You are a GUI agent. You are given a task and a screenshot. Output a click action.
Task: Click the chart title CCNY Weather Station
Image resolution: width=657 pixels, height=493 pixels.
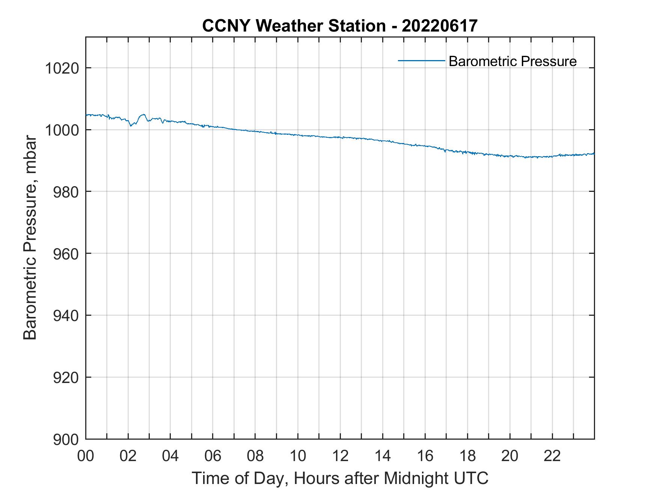pos(294,26)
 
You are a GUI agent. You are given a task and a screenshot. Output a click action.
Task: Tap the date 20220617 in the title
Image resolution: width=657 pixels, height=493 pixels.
pos(440,26)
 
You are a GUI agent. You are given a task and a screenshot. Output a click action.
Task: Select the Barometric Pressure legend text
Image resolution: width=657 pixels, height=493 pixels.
pos(512,61)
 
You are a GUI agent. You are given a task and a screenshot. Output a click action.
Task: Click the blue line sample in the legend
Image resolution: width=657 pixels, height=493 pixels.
pos(421,60)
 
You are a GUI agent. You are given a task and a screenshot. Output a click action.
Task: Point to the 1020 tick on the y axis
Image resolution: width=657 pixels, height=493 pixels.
pos(62,69)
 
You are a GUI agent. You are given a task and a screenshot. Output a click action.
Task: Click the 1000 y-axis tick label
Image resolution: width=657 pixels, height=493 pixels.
pos(62,130)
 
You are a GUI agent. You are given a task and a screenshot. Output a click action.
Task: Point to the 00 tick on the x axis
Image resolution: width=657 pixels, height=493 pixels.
pos(86,456)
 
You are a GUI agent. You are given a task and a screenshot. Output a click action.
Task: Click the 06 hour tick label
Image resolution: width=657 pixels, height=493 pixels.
pos(213,456)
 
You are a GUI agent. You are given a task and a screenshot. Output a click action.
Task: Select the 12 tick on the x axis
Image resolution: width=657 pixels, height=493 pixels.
pos(340,456)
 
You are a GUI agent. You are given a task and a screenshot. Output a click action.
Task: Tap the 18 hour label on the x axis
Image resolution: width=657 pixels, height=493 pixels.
pos(467,456)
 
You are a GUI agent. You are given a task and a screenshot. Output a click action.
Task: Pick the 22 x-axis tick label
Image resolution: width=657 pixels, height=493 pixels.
pos(552,456)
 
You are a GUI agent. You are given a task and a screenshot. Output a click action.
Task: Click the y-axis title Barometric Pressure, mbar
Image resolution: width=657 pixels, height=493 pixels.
pos(30,238)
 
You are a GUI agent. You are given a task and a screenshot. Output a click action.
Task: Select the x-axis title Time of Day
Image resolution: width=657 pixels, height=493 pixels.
pos(340,478)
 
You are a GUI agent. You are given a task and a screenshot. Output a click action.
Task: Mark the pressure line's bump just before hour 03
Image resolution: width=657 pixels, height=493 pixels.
pos(143,115)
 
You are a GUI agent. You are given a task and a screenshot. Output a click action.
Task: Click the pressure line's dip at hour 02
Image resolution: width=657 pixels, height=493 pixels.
pos(131,125)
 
